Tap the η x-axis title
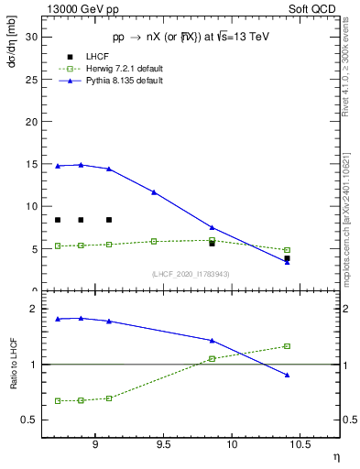pos(334,455)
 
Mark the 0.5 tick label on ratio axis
pos(29,420)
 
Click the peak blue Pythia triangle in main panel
pos(81,165)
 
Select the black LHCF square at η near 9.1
pos(109,220)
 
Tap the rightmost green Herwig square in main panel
pos(287,250)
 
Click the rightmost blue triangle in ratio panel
pos(287,375)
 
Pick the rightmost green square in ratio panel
pos(287,346)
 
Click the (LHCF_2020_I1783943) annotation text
pos(190,275)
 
